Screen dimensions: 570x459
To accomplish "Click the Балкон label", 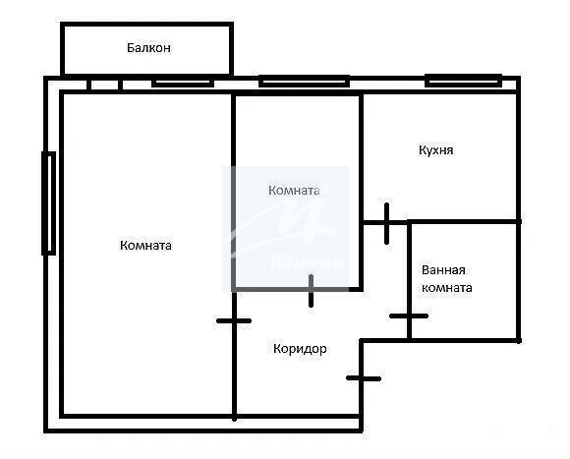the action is point(148,47).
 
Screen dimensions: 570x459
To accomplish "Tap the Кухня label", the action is point(436,150).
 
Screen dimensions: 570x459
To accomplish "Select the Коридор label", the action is point(300,349).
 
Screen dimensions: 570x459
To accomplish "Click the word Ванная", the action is point(443,270).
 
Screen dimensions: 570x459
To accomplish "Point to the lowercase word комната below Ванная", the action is point(447,288).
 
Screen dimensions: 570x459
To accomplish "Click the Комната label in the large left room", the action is point(145,246).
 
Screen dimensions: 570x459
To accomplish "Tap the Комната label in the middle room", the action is point(294,191).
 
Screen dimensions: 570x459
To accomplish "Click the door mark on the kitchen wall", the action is point(386,223).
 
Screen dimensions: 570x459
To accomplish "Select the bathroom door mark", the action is point(409,316).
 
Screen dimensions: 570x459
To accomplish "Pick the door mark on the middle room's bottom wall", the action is point(311,291).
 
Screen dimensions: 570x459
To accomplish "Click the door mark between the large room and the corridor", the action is point(234,320).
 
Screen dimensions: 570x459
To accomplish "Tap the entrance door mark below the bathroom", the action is point(364,378).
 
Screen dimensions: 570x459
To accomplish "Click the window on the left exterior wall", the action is point(49,203).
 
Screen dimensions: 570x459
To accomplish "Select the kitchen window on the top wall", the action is point(464,81).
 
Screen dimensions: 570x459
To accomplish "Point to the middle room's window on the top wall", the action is point(304,81).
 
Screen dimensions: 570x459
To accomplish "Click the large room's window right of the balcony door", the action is point(183,84).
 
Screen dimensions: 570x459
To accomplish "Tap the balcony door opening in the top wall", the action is point(104,85).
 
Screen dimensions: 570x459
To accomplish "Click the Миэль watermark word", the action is point(308,261).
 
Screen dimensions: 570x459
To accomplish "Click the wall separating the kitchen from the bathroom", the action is point(464,221).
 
